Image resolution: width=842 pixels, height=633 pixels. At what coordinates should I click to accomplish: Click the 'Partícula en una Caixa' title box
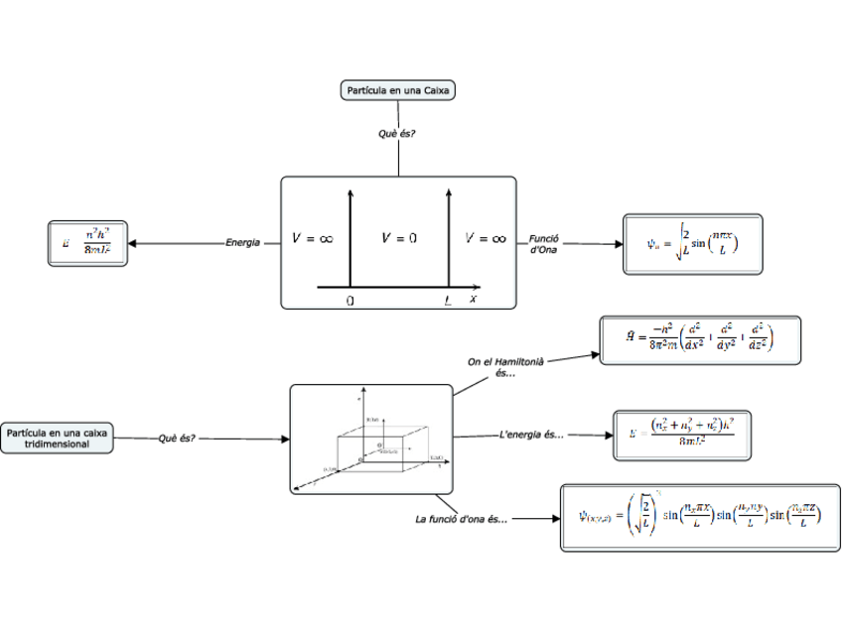[x=397, y=90]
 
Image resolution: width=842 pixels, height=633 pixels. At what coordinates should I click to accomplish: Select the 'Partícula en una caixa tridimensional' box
[x=57, y=438]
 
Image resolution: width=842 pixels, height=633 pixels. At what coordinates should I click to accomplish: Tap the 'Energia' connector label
[x=242, y=242]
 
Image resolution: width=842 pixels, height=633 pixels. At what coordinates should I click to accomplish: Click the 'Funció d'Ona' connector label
[x=543, y=243]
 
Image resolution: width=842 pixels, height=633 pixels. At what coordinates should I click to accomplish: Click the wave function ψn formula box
[x=692, y=244]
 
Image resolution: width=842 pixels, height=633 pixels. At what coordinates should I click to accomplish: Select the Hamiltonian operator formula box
[x=700, y=340]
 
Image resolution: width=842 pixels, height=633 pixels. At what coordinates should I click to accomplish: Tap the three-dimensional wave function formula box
[x=700, y=517]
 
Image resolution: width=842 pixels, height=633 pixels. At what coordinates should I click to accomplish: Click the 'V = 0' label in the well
[x=399, y=238]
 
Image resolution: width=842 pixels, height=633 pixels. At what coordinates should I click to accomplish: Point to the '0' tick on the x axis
[x=350, y=300]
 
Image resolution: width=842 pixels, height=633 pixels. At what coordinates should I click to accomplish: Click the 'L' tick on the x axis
[x=448, y=300]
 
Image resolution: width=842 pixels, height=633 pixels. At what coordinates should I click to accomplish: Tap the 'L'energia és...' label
[x=531, y=435]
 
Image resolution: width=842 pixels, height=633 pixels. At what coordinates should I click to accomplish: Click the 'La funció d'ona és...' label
[x=461, y=519]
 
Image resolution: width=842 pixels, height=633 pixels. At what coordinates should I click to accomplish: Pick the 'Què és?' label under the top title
[x=397, y=134]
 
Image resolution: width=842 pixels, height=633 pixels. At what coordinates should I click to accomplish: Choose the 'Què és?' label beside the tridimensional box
[x=177, y=438]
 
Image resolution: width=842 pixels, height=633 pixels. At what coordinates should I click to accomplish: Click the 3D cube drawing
[x=371, y=440]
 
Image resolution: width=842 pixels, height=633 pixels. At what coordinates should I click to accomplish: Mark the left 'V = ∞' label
[x=312, y=238]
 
